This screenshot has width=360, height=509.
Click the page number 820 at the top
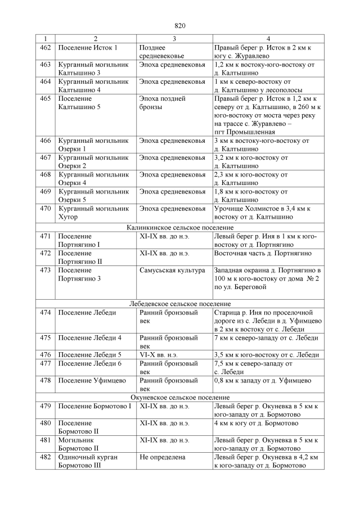[x=180, y=26]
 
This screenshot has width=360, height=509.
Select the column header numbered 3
[x=174, y=39]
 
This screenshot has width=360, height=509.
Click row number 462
[x=46, y=48]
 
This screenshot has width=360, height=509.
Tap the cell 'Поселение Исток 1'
[x=88, y=48]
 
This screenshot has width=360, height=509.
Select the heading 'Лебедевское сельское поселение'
[x=179, y=303]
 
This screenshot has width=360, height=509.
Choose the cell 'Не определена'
[x=163, y=457]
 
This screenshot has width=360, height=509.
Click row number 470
[x=46, y=209]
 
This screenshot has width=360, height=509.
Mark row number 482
[x=46, y=457]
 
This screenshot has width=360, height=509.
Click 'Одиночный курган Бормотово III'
[x=88, y=462]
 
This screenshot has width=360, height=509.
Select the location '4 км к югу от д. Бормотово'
[x=256, y=423]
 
